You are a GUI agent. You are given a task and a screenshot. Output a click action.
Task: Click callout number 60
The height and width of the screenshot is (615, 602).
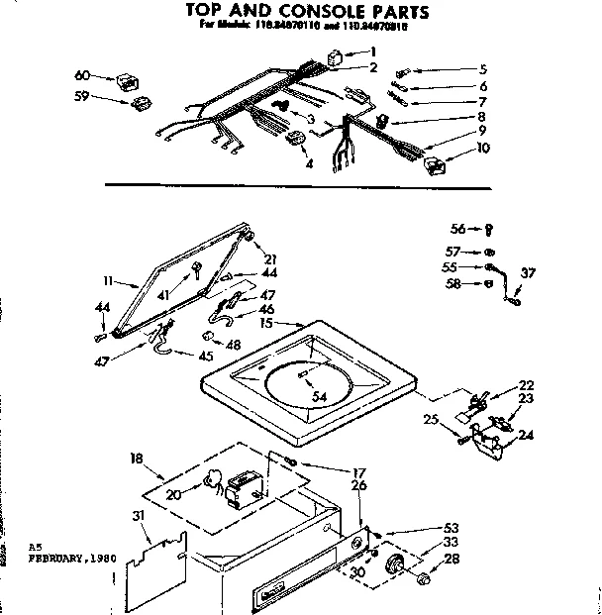tap(82, 74)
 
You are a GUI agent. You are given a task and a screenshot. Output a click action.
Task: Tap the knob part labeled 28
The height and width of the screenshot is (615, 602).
tap(427, 576)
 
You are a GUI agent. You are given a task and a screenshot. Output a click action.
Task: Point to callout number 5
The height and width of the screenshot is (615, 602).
tap(482, 69)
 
